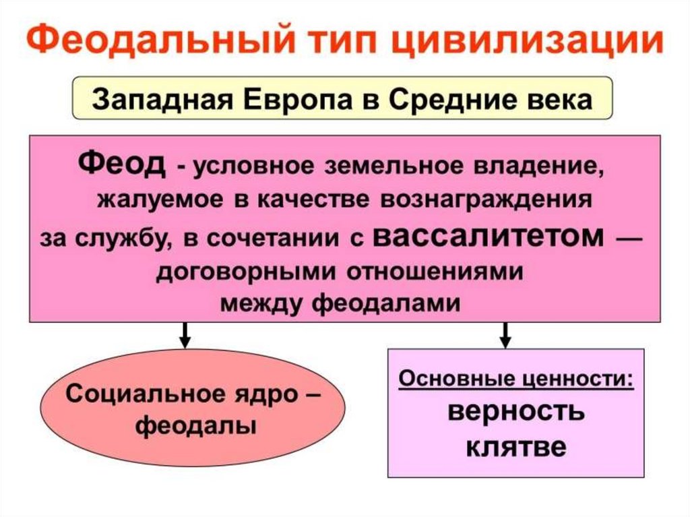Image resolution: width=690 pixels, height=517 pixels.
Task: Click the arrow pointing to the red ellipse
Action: coord(183,334)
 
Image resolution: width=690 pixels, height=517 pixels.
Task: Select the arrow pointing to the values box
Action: coord(505,334)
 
